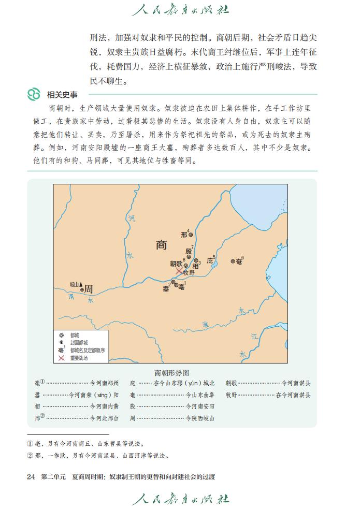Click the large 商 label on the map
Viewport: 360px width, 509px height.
pyautogui.click(x=162, y=245)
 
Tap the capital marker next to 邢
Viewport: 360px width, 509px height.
pyautogui.click(x=191, y=235)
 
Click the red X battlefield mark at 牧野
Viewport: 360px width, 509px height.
pyautogui.click(x=179, y=271)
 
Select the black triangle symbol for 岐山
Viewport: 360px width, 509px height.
pyautogui.click(x=81, y=284)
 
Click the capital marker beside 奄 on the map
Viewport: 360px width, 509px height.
pyautogui.click(x=233, y=261)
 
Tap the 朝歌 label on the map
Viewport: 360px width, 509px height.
pyautogui.click(x=176, y=264)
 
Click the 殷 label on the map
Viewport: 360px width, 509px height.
pyautogui.click(x=189, y=251)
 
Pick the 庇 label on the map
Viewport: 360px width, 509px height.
pyautogui.click(x=210, y=260)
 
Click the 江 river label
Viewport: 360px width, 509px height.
pyautogui.click(x=254, y=337)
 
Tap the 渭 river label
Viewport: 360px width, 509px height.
pyautogui.click(x=71, y=297)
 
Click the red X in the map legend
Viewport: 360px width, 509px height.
pyautogui.click(x=62, y=358)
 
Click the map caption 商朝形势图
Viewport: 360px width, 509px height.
pyautogui.click(x=172, y=372)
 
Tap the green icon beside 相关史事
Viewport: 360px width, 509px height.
pyautogui.click(x=34, y=94)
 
